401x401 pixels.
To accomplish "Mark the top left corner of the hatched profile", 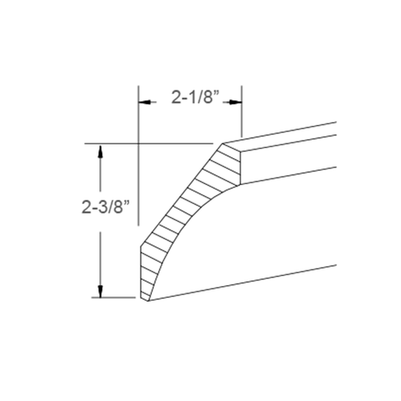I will [x=223, y=143].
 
